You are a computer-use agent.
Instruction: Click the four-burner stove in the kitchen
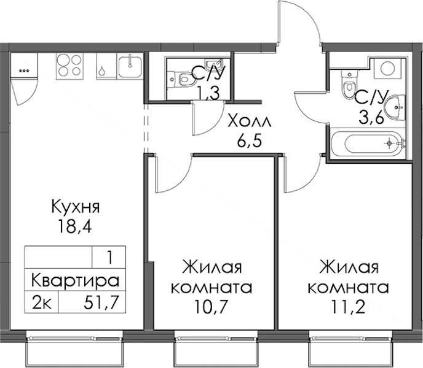(69, 66)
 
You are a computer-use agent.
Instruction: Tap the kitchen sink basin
(130, 66)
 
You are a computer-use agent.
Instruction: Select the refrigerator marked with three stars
(24, 66)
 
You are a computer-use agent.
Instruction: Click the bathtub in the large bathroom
(368, 143)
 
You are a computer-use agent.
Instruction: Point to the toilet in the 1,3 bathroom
(183, 79)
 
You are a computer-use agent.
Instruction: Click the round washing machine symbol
(390, 68)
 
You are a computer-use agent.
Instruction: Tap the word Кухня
(76, 207)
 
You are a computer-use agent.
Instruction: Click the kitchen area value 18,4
(74, 226)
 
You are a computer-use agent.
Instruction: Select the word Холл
(250, 121)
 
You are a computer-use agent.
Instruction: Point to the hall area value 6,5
(249, 141)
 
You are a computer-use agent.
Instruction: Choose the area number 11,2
(348, 306)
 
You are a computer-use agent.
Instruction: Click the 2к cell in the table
(42, 302)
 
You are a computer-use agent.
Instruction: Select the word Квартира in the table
(75, 280)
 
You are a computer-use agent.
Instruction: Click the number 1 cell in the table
(109, 258)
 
